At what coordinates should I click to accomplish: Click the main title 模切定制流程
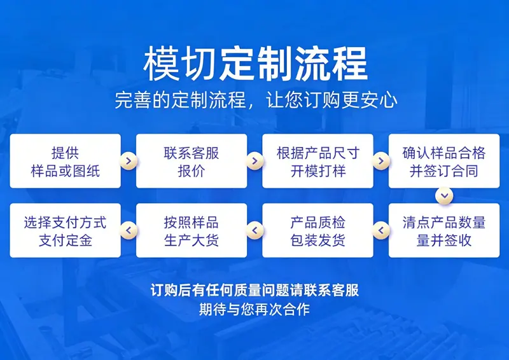255,64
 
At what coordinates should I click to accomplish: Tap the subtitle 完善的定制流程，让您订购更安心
256,100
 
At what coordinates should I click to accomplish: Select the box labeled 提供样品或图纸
66,161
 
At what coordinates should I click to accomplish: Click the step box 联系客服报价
192,161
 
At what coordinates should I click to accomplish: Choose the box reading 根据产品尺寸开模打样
317,161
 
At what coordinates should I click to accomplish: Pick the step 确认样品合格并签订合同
444,161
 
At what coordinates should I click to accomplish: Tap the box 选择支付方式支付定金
66,230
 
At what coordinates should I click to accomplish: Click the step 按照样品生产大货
192,230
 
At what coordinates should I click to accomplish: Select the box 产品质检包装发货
317,230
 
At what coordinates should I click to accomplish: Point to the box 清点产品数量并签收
444,230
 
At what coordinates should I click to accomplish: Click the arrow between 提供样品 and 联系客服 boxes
129,161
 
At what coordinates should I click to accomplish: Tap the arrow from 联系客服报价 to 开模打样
255,161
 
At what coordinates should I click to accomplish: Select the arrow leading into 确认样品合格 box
381,161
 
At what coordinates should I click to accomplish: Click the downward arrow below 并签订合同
444,196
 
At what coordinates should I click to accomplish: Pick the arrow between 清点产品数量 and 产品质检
381,230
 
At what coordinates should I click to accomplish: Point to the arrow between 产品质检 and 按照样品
255,230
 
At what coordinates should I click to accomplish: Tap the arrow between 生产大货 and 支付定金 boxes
129,230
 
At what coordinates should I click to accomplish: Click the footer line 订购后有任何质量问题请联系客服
255,290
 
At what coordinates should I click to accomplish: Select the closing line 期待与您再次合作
254,309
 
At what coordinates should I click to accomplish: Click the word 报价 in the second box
192,171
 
